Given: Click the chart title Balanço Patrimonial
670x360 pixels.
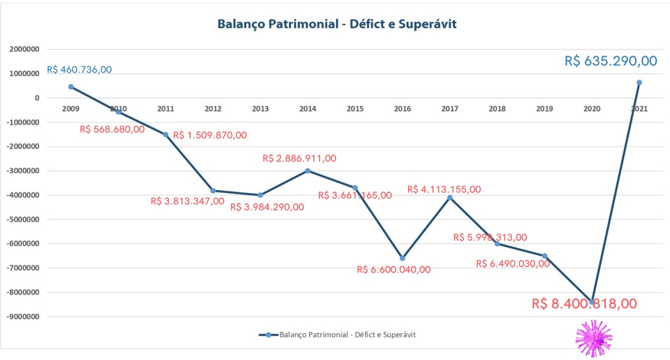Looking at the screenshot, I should pos(337,24).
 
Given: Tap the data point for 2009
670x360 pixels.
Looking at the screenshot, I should pos(71,87).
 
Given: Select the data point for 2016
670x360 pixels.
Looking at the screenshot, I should pos(402,258).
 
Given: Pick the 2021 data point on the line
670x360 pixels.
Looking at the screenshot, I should pos(639,83).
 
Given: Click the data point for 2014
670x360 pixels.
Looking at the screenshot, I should pos(308,171).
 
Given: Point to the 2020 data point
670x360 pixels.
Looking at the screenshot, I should pos(592,302).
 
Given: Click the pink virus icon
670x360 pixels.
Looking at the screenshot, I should pos(594,338).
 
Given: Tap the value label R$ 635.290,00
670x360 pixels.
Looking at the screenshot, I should pos(611,61).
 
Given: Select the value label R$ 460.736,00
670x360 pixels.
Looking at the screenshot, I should pos(79,70).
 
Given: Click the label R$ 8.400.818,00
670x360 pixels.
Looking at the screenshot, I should pos(584,304).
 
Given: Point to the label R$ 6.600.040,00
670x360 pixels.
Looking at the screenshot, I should pos(393,270).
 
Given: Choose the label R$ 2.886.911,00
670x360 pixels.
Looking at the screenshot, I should pos(299,158).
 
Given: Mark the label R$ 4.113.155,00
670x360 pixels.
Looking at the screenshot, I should pos(444,189).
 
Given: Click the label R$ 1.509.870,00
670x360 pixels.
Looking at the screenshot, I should pos(210,135).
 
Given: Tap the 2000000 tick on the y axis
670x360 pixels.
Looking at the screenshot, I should pos(24,49).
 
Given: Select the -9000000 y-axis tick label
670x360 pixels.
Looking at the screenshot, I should pos(23,317).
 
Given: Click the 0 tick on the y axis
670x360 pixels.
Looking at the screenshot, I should pos(37,98).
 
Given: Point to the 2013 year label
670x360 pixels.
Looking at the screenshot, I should pos(260,109).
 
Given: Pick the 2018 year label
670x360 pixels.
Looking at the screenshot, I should pos(497,109).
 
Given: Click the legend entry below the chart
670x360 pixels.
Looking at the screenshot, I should pos(338,334).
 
